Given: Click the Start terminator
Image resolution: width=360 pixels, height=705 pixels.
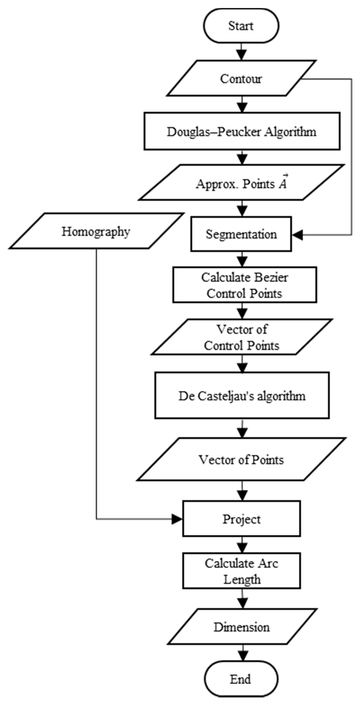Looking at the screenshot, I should point(241,26).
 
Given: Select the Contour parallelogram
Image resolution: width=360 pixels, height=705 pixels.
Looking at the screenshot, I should point(241,79).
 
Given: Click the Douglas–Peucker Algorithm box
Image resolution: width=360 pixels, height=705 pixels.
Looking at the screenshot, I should point(242,131).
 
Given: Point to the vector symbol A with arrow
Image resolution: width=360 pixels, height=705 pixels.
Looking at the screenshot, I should point(283,183).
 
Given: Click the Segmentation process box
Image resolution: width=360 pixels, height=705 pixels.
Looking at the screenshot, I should point(241,234).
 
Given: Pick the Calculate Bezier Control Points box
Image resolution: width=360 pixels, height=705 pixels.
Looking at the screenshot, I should point(244,285).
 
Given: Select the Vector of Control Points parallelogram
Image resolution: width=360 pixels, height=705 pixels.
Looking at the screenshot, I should point(242,337).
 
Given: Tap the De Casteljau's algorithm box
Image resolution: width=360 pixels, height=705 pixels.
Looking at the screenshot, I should point(242,396).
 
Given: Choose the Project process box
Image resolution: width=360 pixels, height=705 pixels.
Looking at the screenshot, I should point(242,519).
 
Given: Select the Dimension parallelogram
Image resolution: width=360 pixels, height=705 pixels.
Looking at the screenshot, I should point(242,627).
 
